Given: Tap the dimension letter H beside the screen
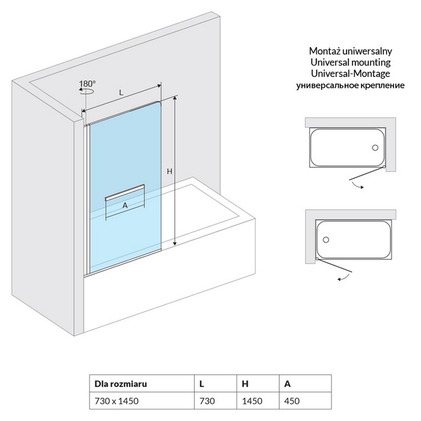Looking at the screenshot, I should tap(170, 171).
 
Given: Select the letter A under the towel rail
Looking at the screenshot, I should tap(124, 205).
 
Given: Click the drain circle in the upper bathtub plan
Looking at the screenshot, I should tap(374, 147).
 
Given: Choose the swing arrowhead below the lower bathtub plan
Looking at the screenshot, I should tap(339, 280).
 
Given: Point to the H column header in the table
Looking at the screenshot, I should tap(245, 383).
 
